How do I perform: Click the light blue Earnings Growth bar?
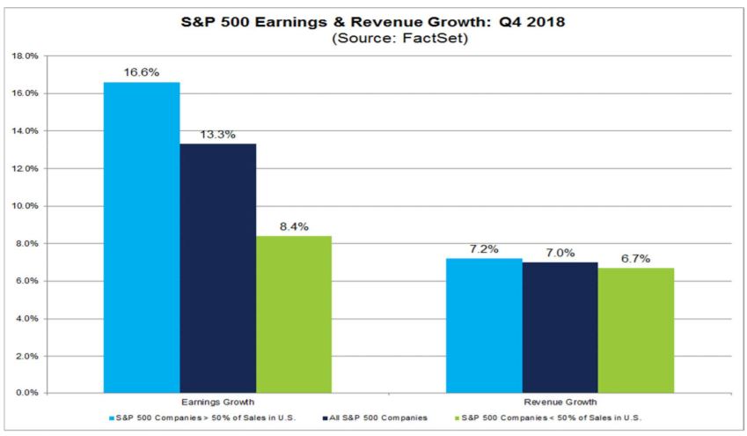(x=141, y=237)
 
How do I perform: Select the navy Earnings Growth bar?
(x=217, y=268)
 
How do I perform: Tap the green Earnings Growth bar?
(x=294, y=314)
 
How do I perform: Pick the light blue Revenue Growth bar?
(x=484, y=325)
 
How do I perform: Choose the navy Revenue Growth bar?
(x=560, y=327)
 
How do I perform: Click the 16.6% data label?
(x=141, y=72)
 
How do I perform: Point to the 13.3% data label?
(x=217, y=134)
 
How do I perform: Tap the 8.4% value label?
(x=294, y=226)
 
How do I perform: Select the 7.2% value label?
(x=484, y=249)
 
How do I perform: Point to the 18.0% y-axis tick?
(x=25, y=55)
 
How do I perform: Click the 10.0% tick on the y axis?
(x=25, y=206)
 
